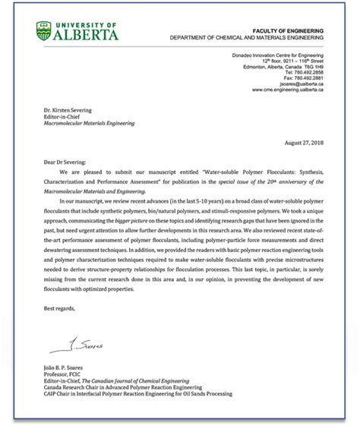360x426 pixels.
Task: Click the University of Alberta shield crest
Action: click(45, 31)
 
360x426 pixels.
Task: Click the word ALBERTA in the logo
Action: click(87, 34)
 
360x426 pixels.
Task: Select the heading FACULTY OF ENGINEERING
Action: click(289, 30)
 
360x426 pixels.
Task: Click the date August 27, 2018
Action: click(303, 143)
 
